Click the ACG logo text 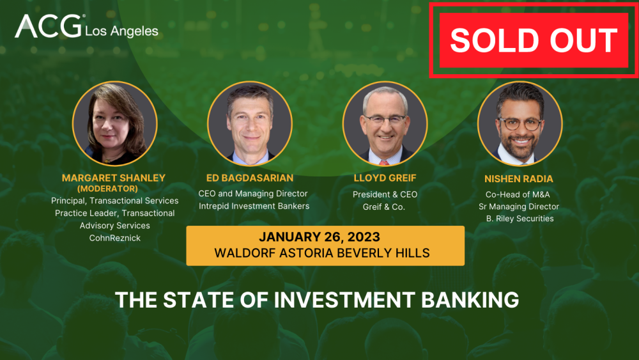(47, 27)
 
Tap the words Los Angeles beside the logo (121, 31)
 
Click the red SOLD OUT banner (534, 40)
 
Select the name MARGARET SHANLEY (114, 177)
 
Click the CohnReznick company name (114, 238)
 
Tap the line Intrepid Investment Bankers (254, 206)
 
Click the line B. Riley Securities (519, 219)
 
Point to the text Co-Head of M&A (519, 194)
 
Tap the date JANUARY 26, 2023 (325, 237)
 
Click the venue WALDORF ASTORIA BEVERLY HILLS (325, 253)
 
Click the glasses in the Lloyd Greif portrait (385, 119)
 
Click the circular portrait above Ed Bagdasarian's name (250, 123)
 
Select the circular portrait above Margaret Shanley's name (114, 123)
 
